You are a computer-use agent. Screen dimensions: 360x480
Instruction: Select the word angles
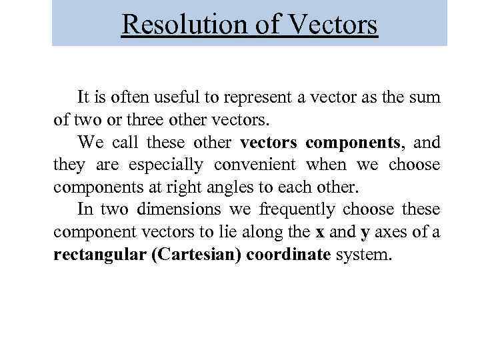point(221,187)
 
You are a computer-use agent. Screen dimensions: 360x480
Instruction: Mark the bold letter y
point(365,233)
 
